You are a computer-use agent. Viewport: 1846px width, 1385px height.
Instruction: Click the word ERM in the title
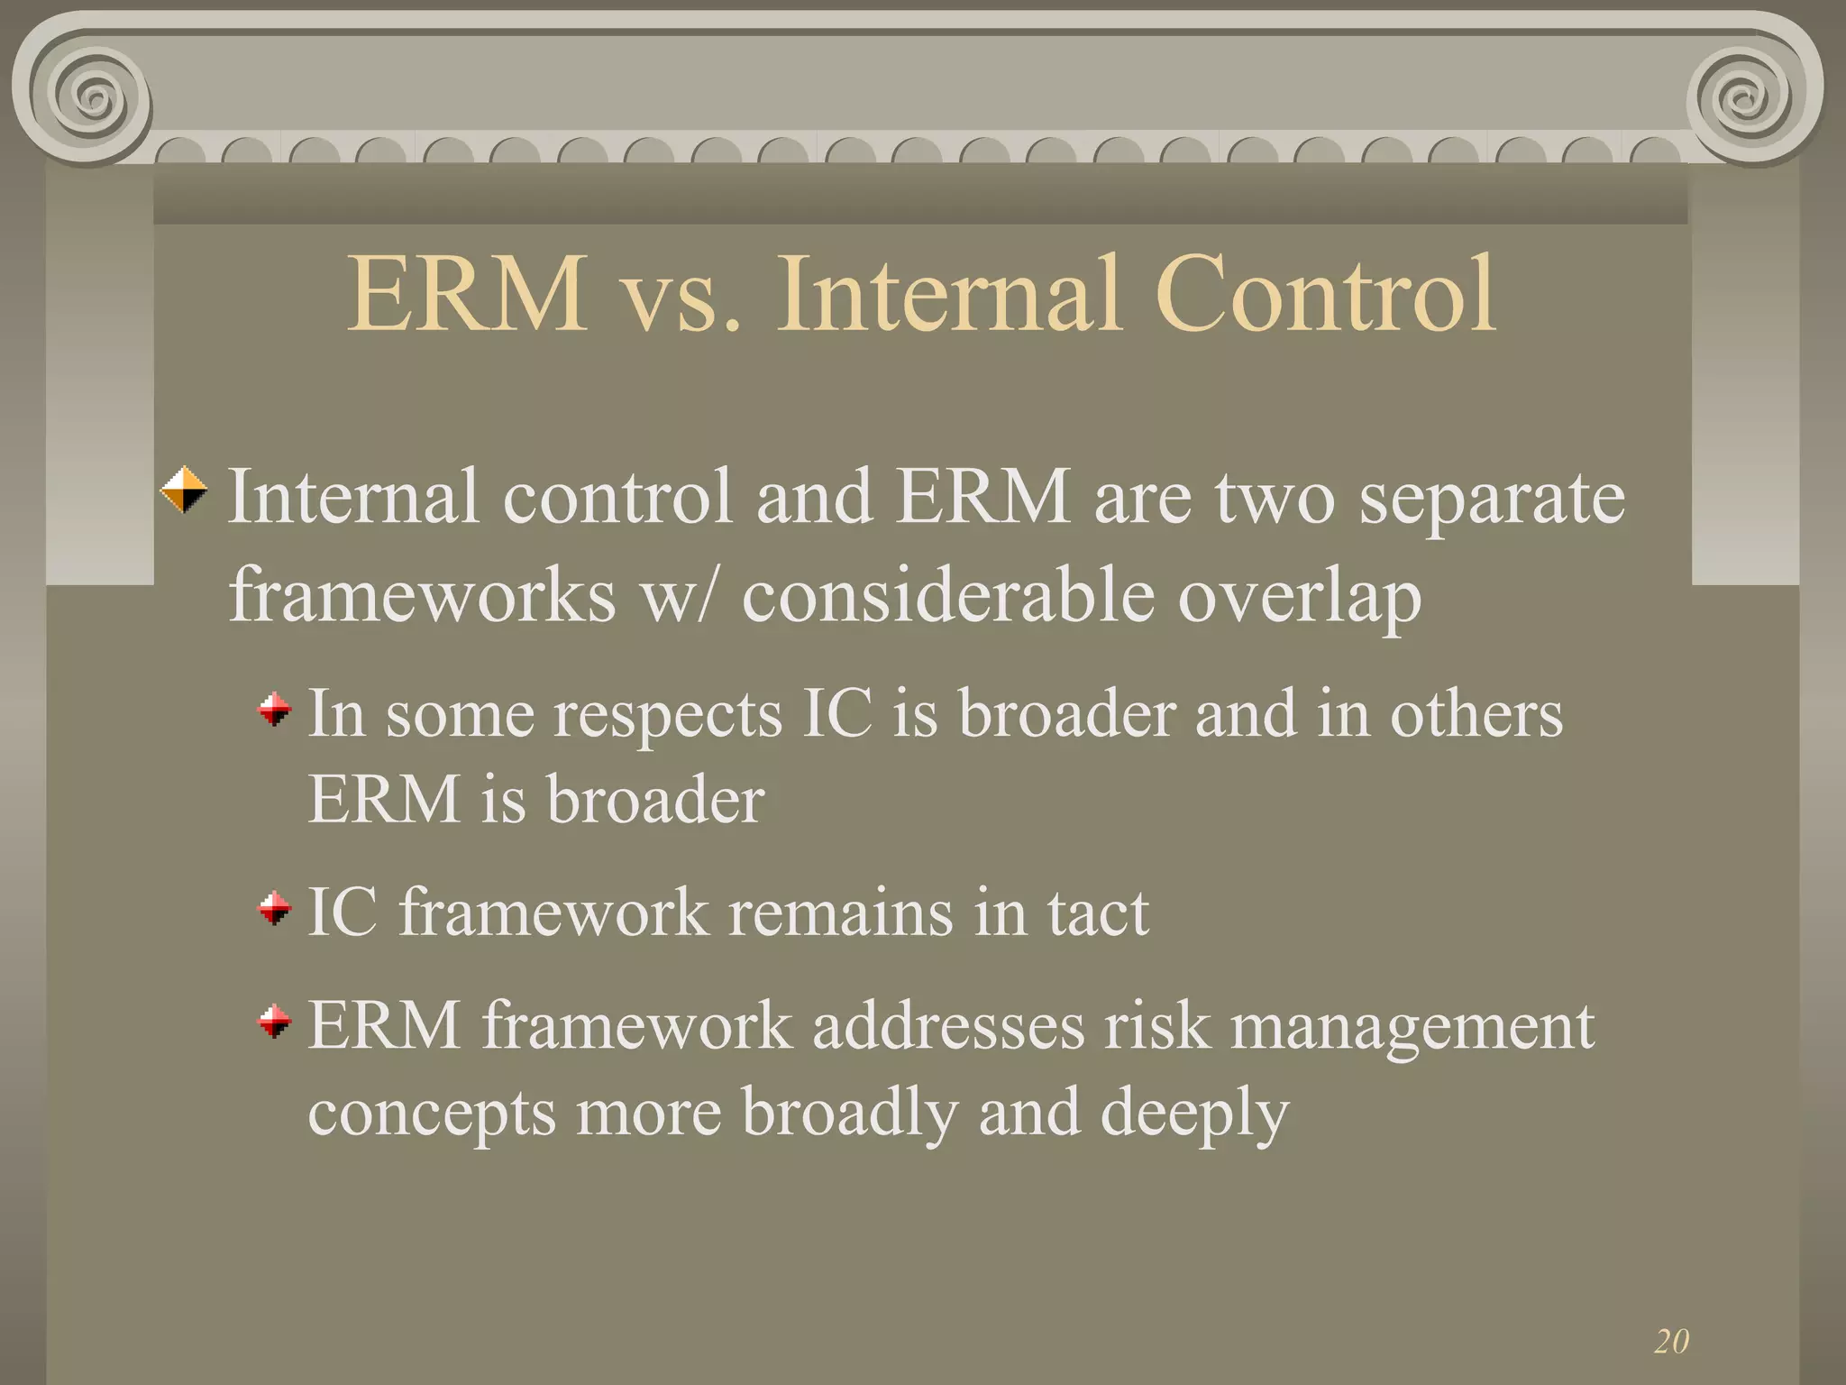[467, 295]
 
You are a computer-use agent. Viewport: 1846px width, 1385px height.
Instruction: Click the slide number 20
[1671, 1341]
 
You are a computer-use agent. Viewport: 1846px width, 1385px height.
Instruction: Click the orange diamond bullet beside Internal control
[184, 490]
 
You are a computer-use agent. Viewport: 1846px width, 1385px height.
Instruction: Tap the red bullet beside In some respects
[275, 709]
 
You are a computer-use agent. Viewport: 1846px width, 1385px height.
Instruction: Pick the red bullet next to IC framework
[275, 908]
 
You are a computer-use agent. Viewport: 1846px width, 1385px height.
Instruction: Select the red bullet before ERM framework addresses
[275, 1022]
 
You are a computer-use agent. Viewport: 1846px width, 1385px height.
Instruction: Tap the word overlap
[1299, 598]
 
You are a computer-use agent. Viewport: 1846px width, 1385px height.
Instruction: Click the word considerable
[947, 596]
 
